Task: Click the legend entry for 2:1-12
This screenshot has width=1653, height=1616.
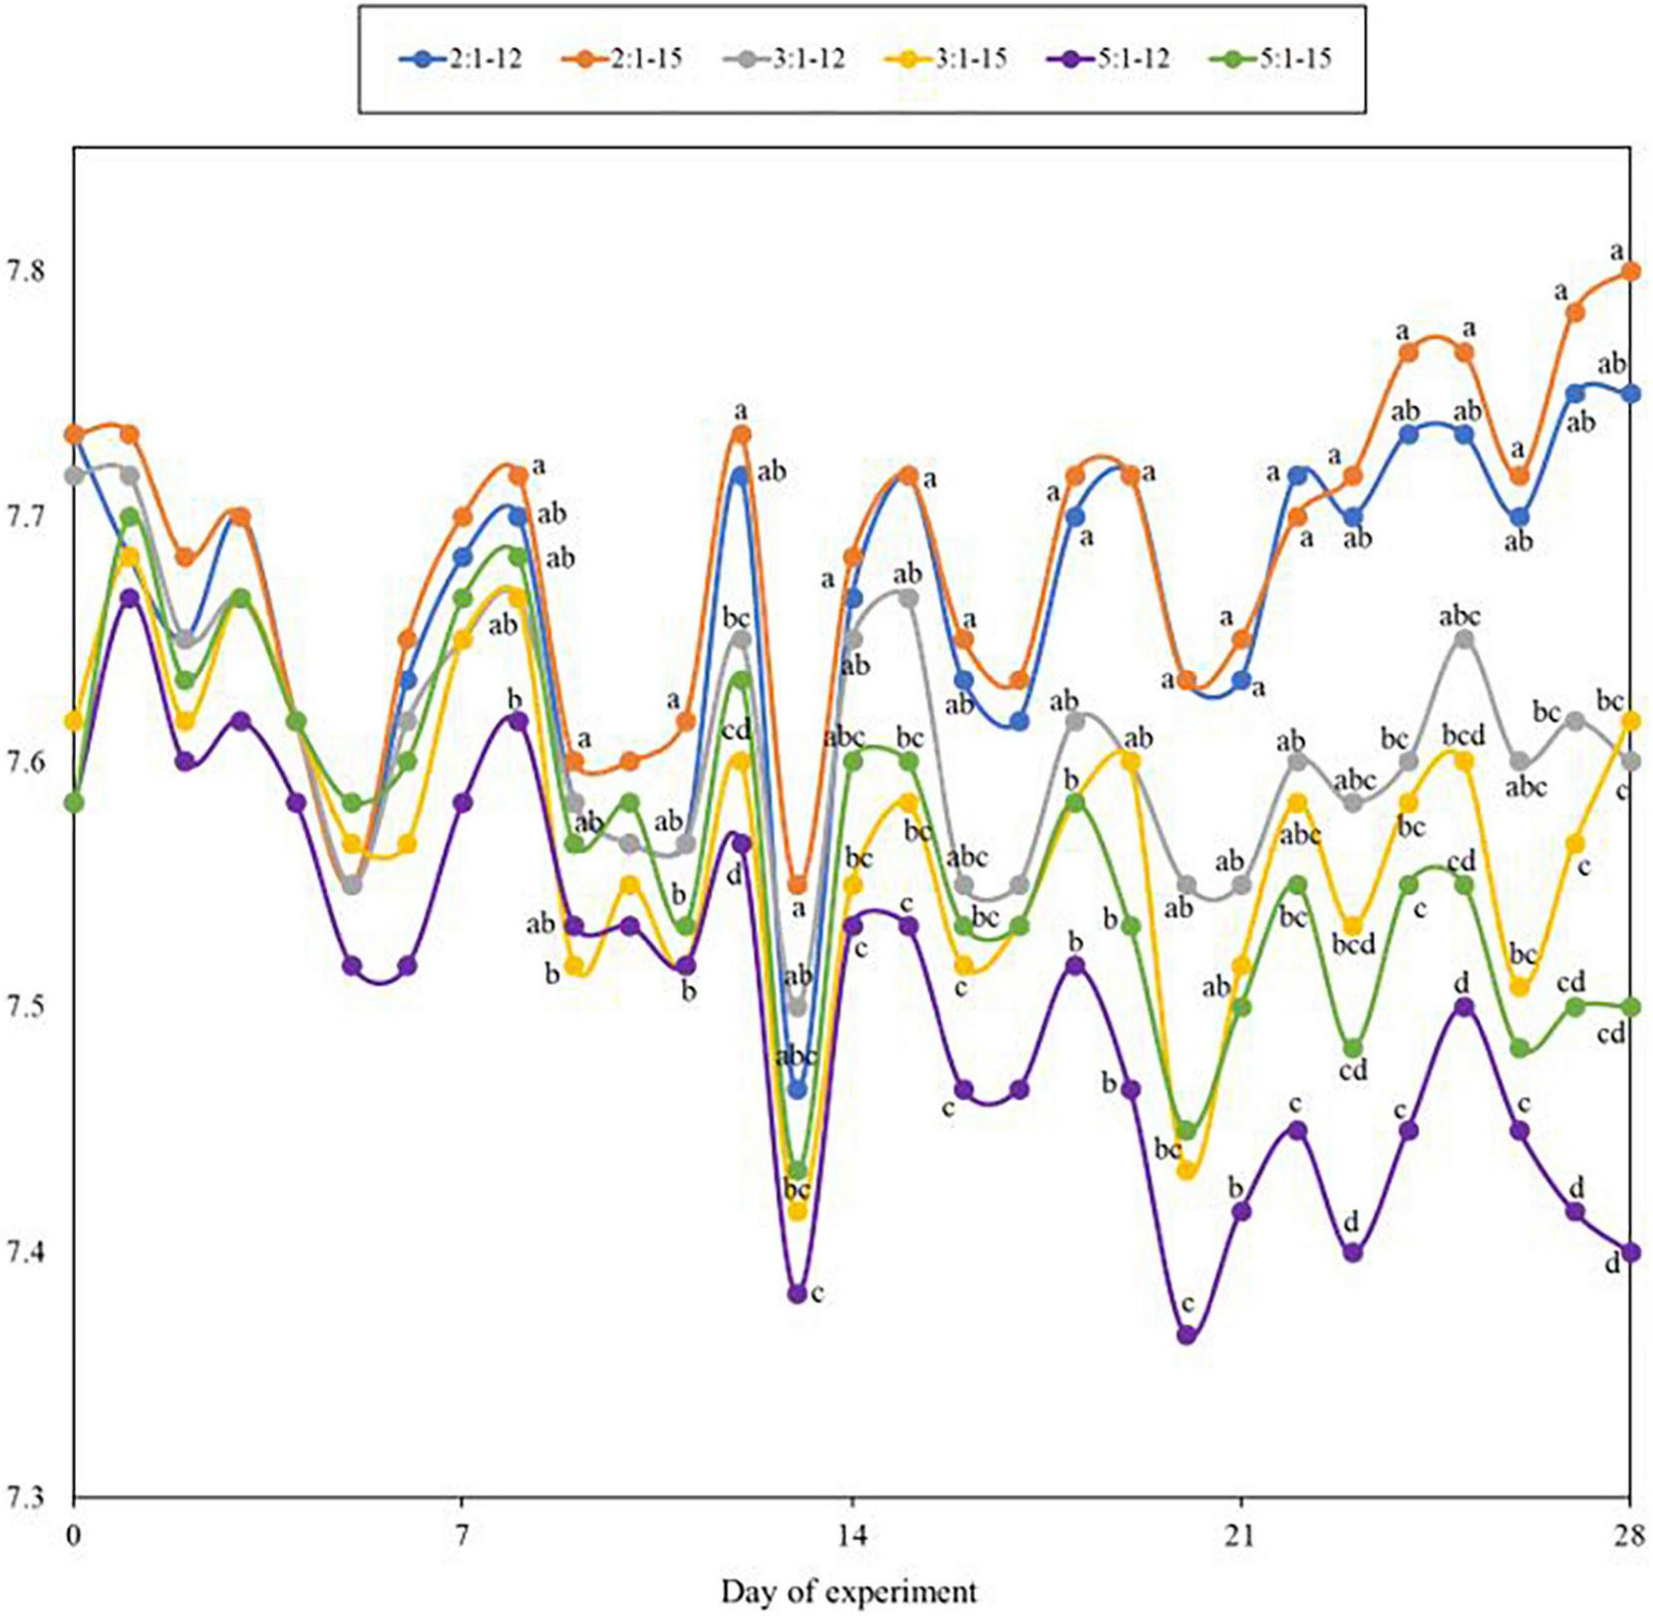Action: click(461, 58)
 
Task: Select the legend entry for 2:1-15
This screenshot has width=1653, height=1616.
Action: click(622, 58)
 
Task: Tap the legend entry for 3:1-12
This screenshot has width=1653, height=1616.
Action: click(784, 58)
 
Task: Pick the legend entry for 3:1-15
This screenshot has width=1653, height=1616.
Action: click(946, 58)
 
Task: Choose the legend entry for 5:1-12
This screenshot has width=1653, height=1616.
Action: click(1108, 58)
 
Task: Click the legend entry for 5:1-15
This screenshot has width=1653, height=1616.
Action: click(1269, 58)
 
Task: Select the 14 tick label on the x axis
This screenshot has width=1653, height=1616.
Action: click(851, 1536)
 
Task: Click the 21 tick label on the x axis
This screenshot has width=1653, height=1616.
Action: click(1240, 1536)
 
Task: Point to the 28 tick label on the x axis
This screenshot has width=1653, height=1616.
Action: click(1629, 1536)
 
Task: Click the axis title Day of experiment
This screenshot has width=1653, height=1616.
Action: click(848, 1590)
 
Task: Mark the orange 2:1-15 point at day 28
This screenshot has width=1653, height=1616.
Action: click(1631, 271)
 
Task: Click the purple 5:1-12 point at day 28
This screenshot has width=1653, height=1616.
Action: click(1631, 1252)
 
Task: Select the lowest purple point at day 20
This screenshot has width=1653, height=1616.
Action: click(1186, 1334)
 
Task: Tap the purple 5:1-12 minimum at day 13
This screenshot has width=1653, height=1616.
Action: click(797, 1293)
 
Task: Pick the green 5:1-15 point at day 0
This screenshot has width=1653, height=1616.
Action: click(74, 802)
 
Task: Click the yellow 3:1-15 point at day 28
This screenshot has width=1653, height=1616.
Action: click(1631, 720)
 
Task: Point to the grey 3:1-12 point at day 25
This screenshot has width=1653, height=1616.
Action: click(1464, 639)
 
